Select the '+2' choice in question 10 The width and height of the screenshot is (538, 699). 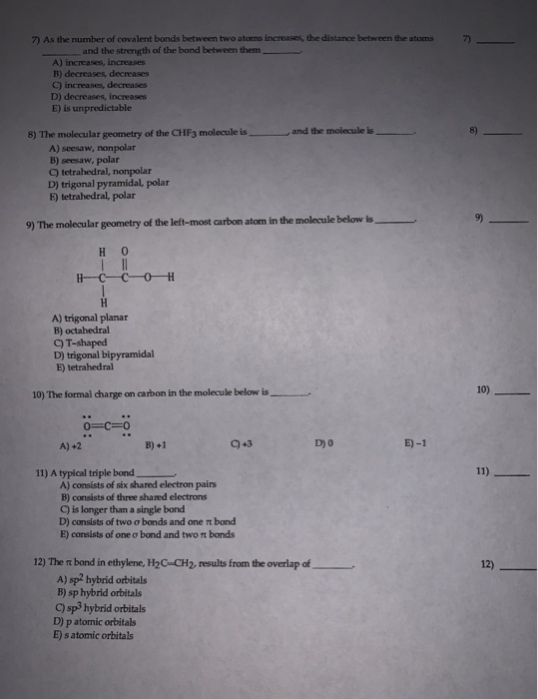(x=70, y=444)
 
